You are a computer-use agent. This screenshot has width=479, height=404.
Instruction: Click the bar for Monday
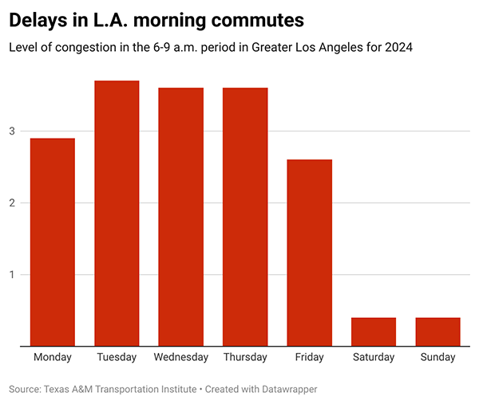pos(53,242)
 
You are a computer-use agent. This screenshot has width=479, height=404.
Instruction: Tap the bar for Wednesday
pos(181,217)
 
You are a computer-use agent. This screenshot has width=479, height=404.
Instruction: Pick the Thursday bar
pos(245,217)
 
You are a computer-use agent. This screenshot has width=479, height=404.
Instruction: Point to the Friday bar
pos(310,253)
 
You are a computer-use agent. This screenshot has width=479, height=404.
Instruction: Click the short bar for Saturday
pos(374,331)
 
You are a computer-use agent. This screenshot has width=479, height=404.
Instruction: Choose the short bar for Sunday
pos(437,331)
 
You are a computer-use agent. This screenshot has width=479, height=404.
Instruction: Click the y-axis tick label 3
pos(13,131)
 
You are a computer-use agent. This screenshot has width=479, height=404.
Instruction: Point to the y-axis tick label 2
pos(13,202)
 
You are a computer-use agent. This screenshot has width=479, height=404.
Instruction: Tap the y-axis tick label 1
pos(13,275)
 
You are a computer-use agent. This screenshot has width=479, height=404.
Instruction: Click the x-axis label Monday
pos(53,357)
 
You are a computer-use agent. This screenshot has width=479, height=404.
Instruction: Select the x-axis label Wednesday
pos(181,357)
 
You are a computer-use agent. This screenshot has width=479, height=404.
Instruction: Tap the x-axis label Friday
pos(310,357)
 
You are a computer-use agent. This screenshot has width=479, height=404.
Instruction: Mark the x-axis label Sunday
pos(437,357)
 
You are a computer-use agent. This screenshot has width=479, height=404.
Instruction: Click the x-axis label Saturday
pos(374,357)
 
